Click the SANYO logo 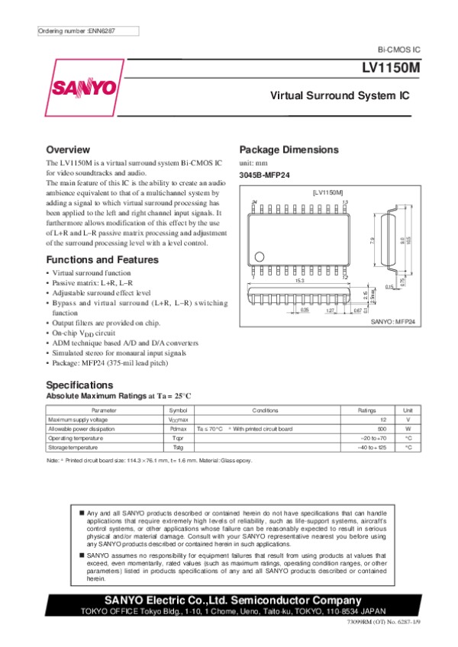84,87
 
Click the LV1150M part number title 391,68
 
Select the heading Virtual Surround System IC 340,98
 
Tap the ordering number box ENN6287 88,31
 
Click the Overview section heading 68,150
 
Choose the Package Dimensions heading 289,150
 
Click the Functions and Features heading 102,260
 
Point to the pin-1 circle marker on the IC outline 260,256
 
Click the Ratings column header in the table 366,410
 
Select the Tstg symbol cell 177,447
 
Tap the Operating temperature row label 75,438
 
